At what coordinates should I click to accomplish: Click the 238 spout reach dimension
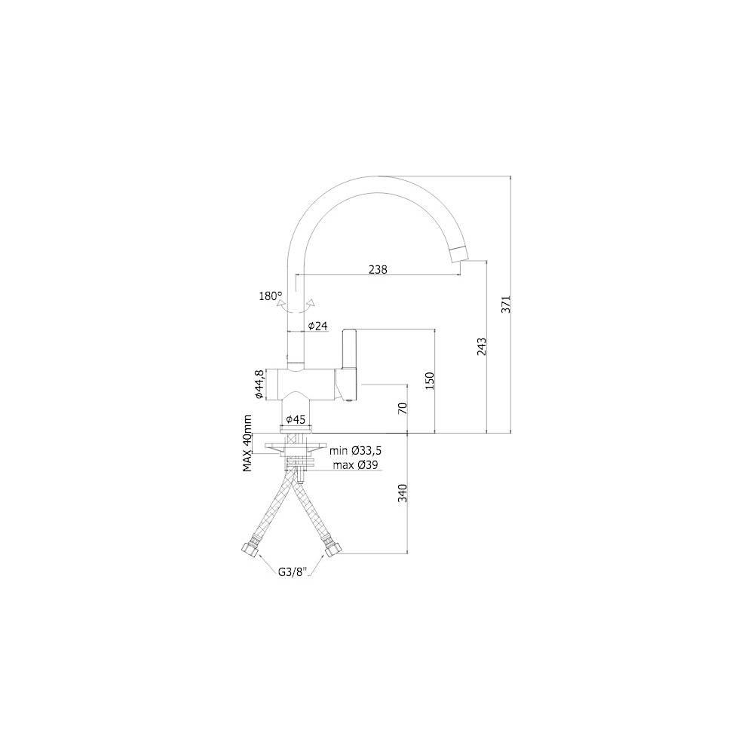pyautogui.click(x=378, y=269)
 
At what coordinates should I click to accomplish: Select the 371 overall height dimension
pyautogui.click(x=506, y=304)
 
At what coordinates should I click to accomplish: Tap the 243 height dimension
pyautogui.click(x=481, y=347)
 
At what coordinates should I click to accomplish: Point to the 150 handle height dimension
pyautogui.click(x=430, y=380)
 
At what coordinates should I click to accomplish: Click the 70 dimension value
pyautogui.click(x=403, y=408)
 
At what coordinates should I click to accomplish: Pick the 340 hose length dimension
pyautogui.click(x=403, y=493)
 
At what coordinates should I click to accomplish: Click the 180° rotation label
pyautogui.click(x=271, y=296)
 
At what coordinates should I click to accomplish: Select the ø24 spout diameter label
pyautogui.click(x=317, y=326)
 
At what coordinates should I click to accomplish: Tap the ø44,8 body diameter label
pyautogui.click(x=259, y=385)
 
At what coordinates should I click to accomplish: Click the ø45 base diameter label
pyautogui.click(x=296, y=420)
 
